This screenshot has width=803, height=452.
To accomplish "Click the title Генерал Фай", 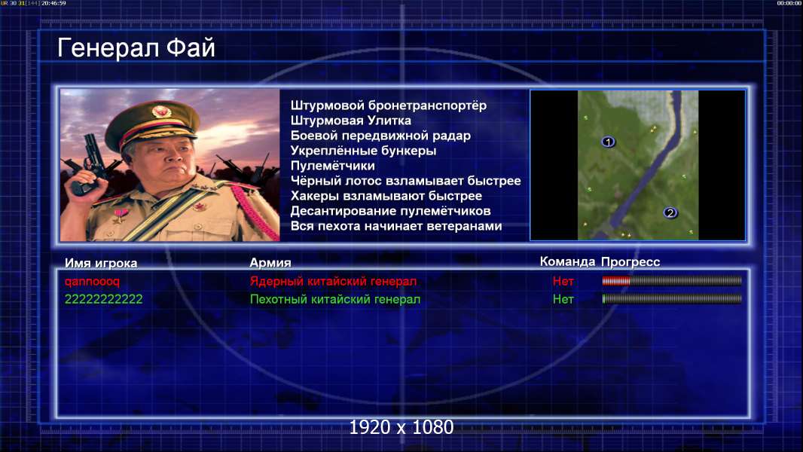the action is pyautogui.click(x=136, y=48).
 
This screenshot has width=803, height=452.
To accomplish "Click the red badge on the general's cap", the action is pyautogui.click(x=160, y=111).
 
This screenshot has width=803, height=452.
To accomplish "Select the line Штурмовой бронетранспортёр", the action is pyautogui.click(x=389, y=106).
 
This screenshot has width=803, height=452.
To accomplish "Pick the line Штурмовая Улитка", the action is pyautogui.click(x=351, y=121).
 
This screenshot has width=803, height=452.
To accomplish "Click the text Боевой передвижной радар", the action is pyautogui.click(x=380, y=136).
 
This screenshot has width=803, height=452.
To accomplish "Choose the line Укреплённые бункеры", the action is pyautogui.click(x=364, y=151).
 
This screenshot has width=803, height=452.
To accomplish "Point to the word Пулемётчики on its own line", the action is pyautogui.click(x=333, y=166).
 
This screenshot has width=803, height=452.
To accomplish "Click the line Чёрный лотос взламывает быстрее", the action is pyautogui.click(x=405, y=181).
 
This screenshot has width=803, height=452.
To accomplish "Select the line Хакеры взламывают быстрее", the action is pyautogui.click(x=386, y=196).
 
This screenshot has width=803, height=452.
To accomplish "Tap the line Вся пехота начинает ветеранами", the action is pyautogui.click(x=396, y=226).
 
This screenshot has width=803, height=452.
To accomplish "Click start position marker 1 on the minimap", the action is pyautogui.click(x=608, y=142).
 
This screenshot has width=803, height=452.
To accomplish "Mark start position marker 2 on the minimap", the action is pyautogui.click(x=670, y=212).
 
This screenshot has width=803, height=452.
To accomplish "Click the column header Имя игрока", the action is pyautogui.click(x=101, y=263).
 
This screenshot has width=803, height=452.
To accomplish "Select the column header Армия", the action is pyautogui.click(x=270, y=263).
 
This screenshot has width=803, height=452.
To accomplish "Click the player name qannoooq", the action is pyautogui.click(x=92, y=282).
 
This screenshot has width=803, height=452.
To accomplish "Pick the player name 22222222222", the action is pyautogui.click(x=103, y=300).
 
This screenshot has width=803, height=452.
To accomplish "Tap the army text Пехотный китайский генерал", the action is pyautogui.click(x=335, y=300).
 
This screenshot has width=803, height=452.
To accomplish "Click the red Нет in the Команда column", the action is pyautogui.click(x=563, y=281).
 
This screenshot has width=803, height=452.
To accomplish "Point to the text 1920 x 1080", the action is pyautogui.click(x=401, y=427).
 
